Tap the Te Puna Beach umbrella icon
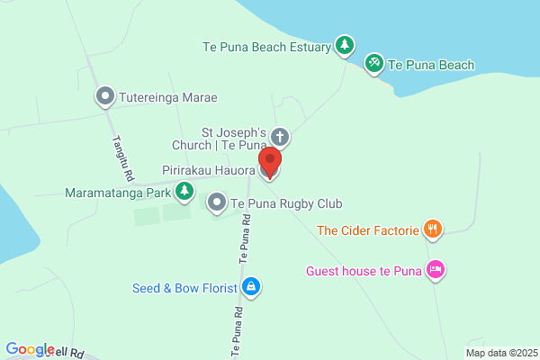pyautogui.click(x=373, y=63)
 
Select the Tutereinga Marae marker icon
pyautogui.click(x=105, y=96)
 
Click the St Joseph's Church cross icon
pyautogui.click(x=280, y=138)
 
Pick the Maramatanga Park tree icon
pyautogui.click(x=184, y=191)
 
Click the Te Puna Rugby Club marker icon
pyautogui.click(x=217, y=204)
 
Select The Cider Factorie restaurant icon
pyautogui.click(x=433, y=229)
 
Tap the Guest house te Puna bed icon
pyautogui.click(x=436, y=269)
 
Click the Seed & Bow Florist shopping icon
pyautogui.click(x=251, y=287)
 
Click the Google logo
pyautogui.click(x=30, y=350)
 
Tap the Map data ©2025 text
pyautogui.click(x=500, y=353)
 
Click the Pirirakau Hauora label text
pyautogui.click(x=209, y=170)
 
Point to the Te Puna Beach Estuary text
pyautogui.click(x=266, y=47)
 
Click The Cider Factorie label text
pyautogui.click(x=368, y=230)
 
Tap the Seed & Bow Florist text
pyautogui.click(x=184, y=288)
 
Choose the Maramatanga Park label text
pyautogui.click(x=117, y=192)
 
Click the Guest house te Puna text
pyautogui.click(x=364, y=270)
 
